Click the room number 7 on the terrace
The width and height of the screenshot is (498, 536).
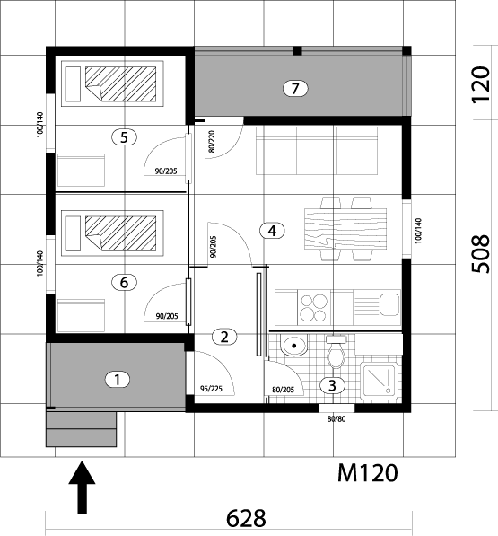295,89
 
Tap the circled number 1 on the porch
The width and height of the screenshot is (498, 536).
118,380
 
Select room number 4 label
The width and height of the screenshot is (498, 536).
272,231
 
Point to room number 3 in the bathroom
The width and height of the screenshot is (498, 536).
332,385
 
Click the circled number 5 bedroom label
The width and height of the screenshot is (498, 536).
124,137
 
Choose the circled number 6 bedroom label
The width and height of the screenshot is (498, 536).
124,282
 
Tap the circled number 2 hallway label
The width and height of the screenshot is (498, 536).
224,337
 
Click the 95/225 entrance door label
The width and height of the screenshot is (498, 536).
211,389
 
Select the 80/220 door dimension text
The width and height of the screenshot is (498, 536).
212,141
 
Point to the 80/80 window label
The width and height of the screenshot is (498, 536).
336,418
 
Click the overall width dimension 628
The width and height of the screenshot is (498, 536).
246,518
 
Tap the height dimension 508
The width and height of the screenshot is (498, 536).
481,254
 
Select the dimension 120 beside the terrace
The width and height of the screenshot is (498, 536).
481,84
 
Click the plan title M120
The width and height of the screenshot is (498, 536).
368,473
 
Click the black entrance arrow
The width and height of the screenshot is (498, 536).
82,488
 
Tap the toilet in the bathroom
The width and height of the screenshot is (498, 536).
336,352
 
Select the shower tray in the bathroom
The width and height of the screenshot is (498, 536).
380,381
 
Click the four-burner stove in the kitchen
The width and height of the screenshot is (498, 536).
314,307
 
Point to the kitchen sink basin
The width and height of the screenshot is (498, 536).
389,304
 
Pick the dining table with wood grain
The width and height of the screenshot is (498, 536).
345,228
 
